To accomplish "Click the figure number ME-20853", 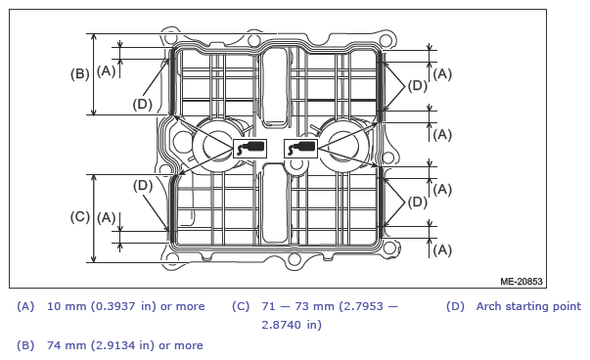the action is pyautogui.click(x=522, y=282).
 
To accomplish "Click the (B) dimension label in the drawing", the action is pyautogui.click(x=80, y=73).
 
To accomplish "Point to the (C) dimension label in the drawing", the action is pyautogui.click(x=80, y=217).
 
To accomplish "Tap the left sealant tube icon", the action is pyautogui.click(x=250, y=149).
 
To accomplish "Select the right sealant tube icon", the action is pyautogui.click(x=300, y=149).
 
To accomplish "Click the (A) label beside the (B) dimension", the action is pyautogui.click(x=106, y=70).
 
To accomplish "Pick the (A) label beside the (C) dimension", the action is pyautogui.click(x=106, y=218).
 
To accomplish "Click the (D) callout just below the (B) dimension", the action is pyautogui.click(x=142, y=104).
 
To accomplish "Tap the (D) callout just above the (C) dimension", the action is pyautogui.click(x=143, y=186).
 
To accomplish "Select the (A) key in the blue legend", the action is pyautogui.click(x=25, y=306).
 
